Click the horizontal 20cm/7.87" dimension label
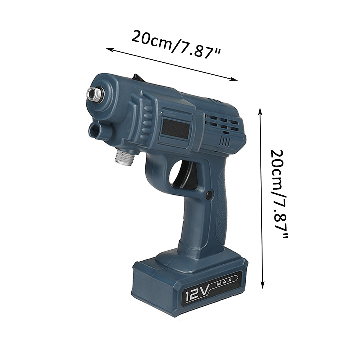point(176,45)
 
